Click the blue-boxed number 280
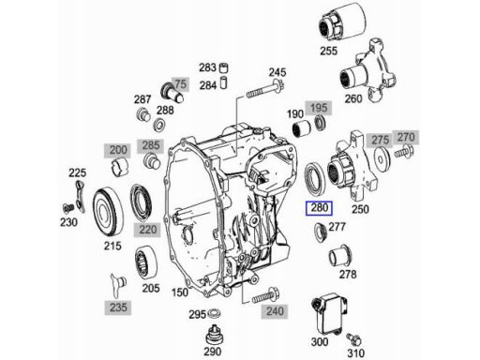coord(319,208)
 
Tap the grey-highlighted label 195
coord(319,108)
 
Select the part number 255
coord(328,51)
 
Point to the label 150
coord(180,292)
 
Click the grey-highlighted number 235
coord(118,307)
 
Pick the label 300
coord(320,342)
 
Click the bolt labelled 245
coord(264,88)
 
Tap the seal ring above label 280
coord(315,177)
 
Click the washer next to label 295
coord(214,313)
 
